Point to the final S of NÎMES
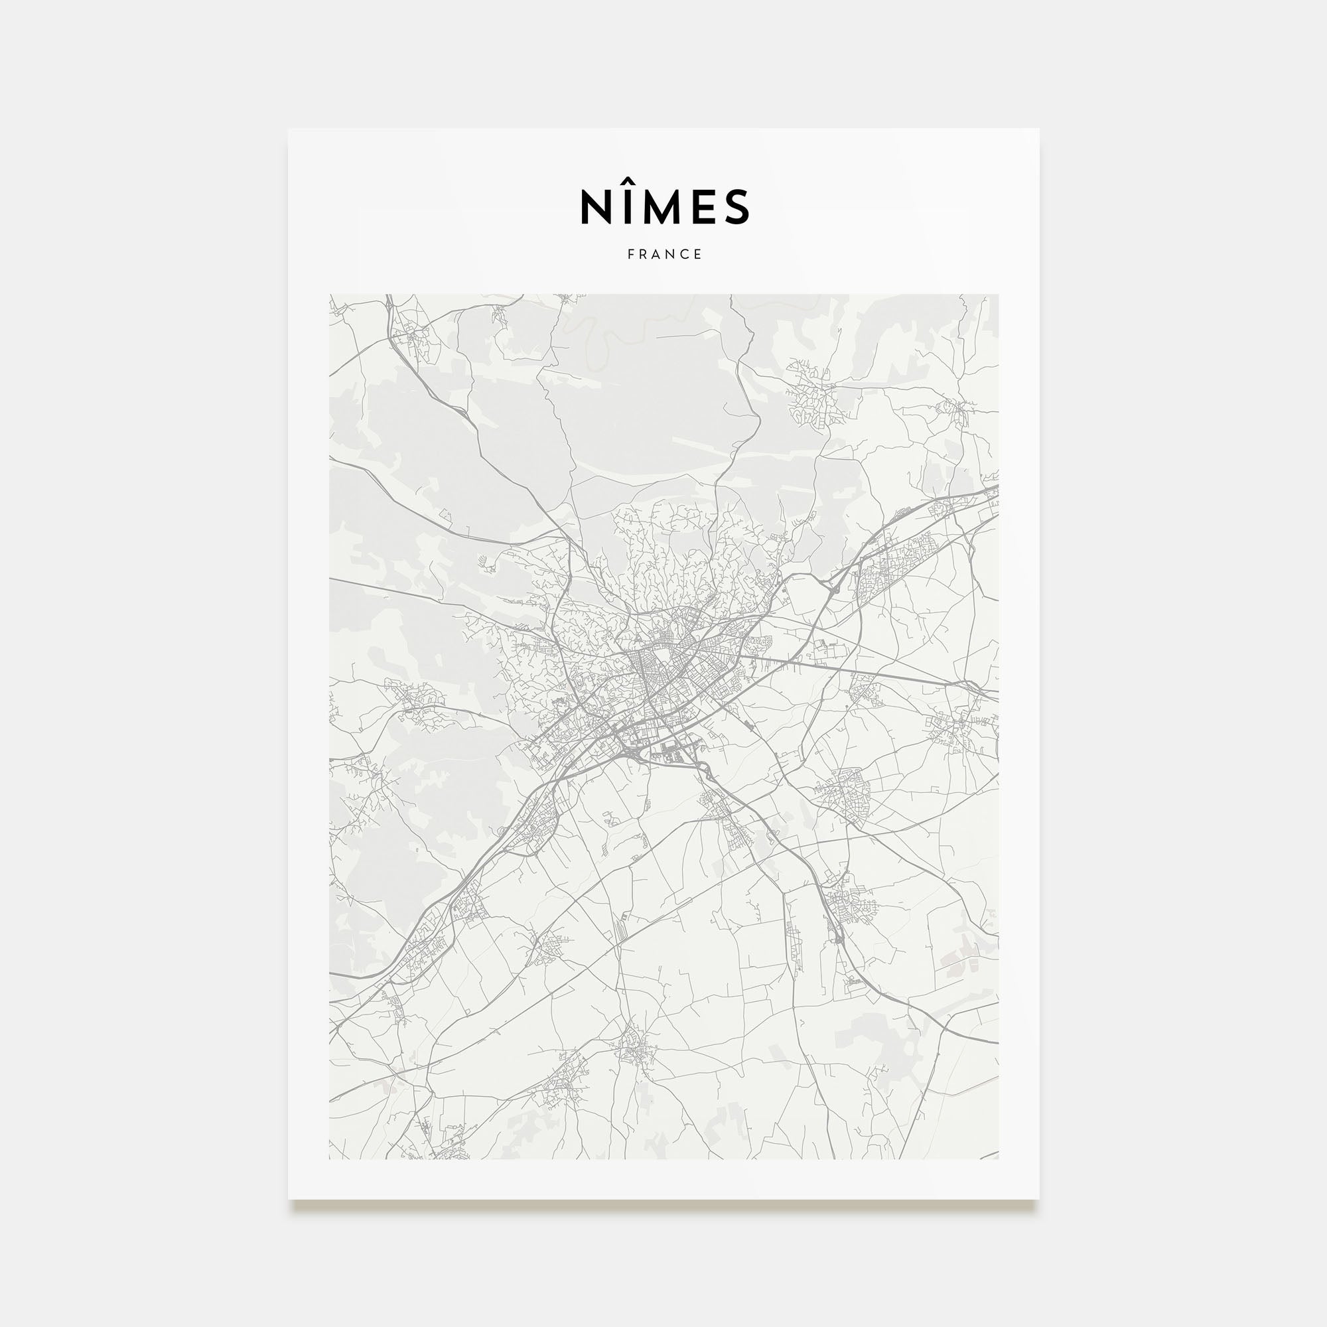736,207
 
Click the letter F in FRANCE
630,254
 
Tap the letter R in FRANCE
644,254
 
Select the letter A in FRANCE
658,254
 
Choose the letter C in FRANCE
685,254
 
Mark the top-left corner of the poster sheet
289,129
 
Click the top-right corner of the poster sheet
1038,129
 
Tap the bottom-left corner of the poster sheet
289,1199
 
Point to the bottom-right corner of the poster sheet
1038,1199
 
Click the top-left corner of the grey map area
330,295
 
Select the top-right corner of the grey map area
998,295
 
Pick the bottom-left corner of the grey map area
330,1158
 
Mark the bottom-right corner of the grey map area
998,1158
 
